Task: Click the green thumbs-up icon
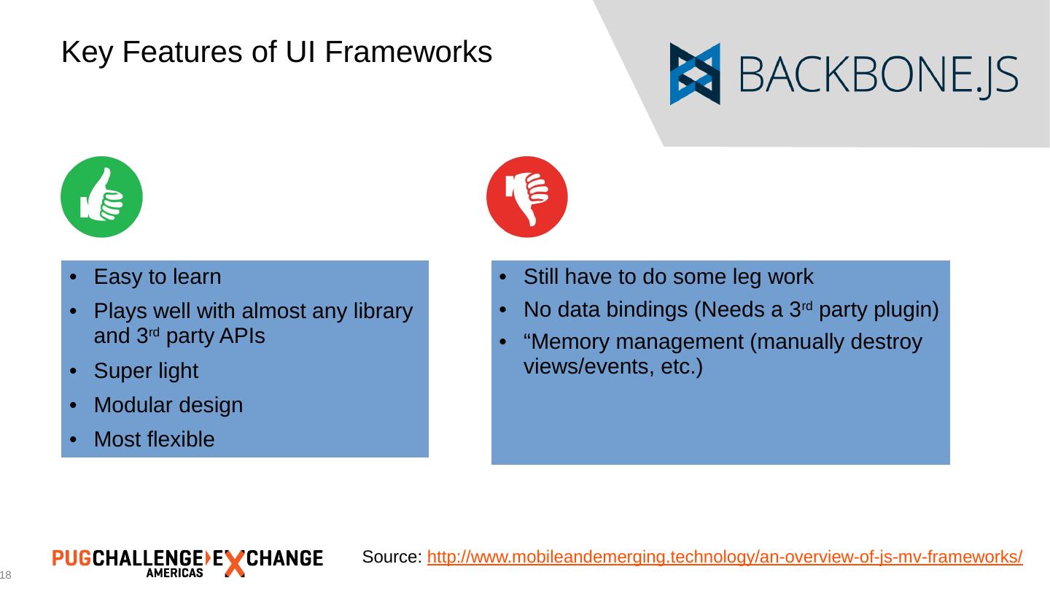(101, 196)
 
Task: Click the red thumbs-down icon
(526, 196)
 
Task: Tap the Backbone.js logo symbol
(695, 74)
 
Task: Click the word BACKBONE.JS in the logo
(879, 75)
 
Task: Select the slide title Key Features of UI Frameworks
(276, 52)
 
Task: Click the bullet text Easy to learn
(157, 277)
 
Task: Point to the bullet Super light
(146, 371)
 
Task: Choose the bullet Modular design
(168, 405)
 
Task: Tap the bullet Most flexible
(155, 439)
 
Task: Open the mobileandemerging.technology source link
(725, 557)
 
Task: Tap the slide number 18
(6, 575)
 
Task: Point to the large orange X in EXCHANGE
(233, 563)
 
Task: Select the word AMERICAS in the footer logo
(174, 573)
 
